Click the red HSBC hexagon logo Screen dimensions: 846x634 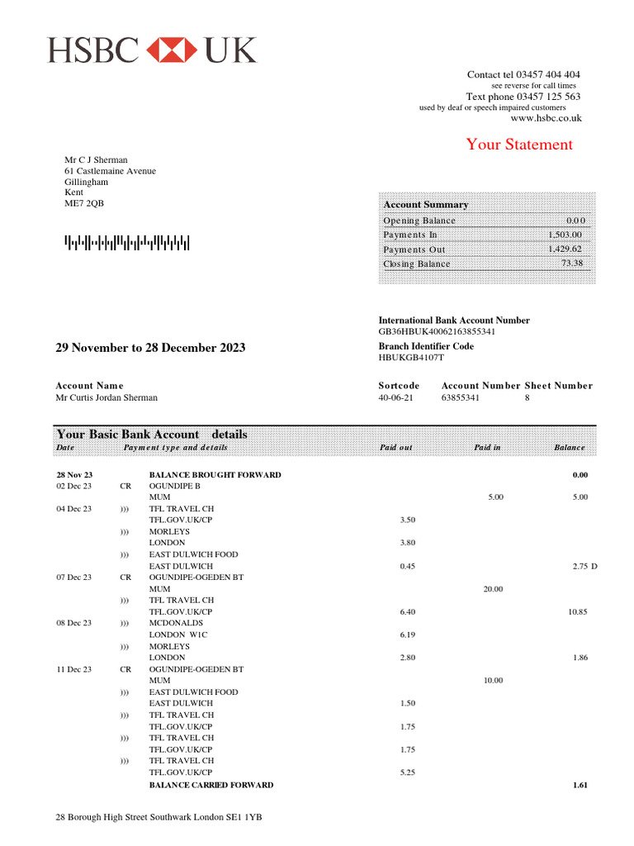point(172,50)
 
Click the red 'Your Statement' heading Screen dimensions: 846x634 point(518,145)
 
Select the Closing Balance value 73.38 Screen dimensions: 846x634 point(571,264)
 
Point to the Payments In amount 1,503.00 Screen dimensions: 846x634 point(565,235)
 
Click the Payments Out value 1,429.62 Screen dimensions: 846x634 point(565,249)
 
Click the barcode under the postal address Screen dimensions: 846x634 point(127,243)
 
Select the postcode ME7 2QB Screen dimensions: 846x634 point(84,203)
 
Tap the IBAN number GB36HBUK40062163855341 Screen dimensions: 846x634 point(437,331)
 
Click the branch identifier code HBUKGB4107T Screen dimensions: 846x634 point(411,358)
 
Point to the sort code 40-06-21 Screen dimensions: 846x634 point(395,397)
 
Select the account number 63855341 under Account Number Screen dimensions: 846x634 point(460,397)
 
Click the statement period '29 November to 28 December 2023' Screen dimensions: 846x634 point(150,348)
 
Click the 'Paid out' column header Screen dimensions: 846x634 point(395,448)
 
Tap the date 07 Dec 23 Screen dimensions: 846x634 point(73,577)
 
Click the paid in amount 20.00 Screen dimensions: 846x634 point(493,589)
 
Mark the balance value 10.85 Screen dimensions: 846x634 point(576,611)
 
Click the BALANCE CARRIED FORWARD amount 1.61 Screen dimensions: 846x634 point(580,785)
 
